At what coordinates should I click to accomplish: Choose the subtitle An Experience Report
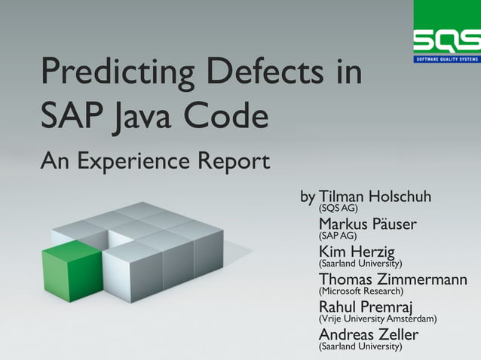pyautogui.click(x=155, y=160)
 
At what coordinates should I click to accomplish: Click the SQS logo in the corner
pyautogui.click(x=447, y=39)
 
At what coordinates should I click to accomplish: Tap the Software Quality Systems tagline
pyautogui.click(x=447, y=59)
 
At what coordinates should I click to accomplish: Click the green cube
pyautogui.click(x=71, y=270)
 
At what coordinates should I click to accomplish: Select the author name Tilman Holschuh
pyautogui.click(x=375, y=197)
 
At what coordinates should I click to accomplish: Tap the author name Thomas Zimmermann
pyautogui.click(x=393, y=279)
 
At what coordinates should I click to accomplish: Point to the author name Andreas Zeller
pyautogui.click(x=368, y=334)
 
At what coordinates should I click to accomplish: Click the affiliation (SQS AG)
pyautogui.click(x=339, y=209)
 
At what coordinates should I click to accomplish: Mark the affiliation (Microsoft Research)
pyautogui.click(x=361, y=291)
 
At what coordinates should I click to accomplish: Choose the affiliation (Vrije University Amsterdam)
pyautogui.click(x=378, y=319)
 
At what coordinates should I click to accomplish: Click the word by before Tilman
pyautogui.click(x=308, y=197)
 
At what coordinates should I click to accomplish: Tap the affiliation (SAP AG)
pyautogui.click(x=338, y=236)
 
